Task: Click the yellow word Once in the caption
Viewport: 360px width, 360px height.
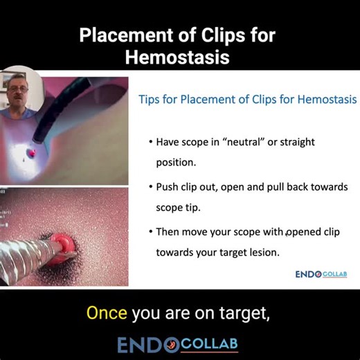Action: [106, 313]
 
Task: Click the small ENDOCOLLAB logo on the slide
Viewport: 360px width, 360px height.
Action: [321, 274]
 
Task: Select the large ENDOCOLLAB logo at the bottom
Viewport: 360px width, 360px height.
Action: [180, 345]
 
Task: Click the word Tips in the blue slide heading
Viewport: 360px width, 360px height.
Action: [152, 100]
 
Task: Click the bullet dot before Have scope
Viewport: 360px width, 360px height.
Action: [151, 142]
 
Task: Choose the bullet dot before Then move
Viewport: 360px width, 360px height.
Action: [151, 232]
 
